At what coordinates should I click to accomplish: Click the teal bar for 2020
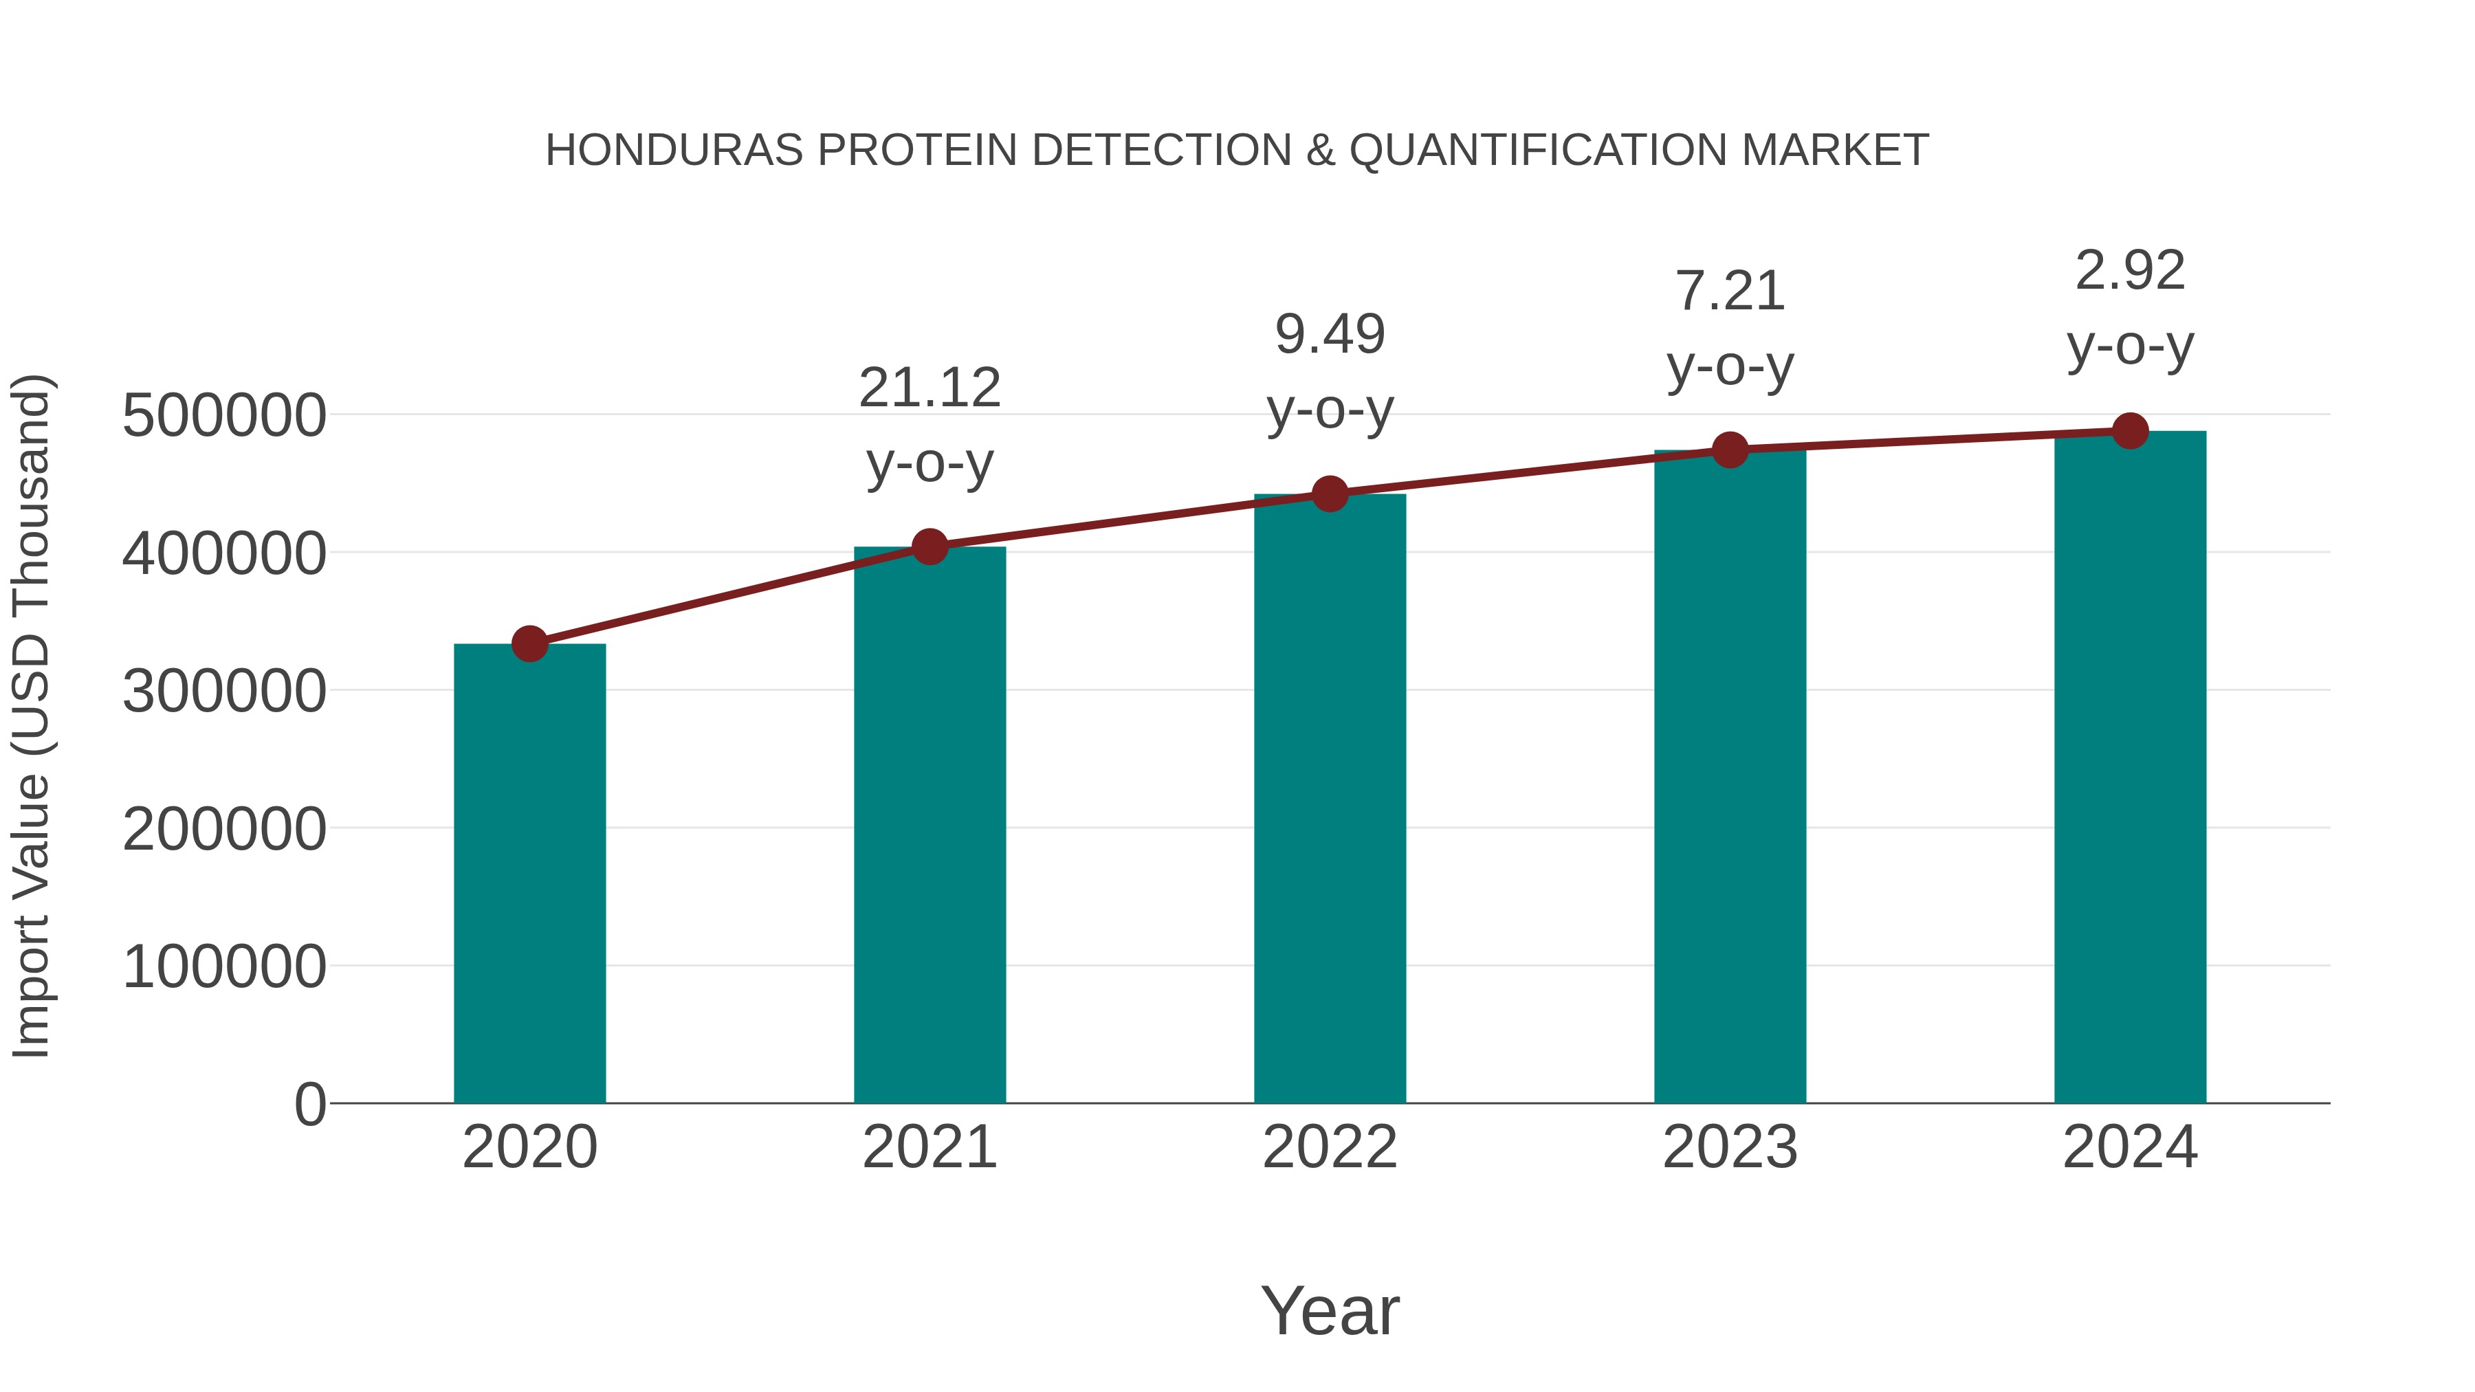[529, 874]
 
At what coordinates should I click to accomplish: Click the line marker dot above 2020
[529, 643]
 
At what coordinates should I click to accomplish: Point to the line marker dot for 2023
[1730, 450]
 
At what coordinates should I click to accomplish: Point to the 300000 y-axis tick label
[224, 691]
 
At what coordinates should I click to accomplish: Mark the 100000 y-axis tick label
[224, 966]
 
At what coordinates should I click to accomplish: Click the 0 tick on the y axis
[309, 1104]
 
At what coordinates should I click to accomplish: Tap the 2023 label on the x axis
[1730, 1147]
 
